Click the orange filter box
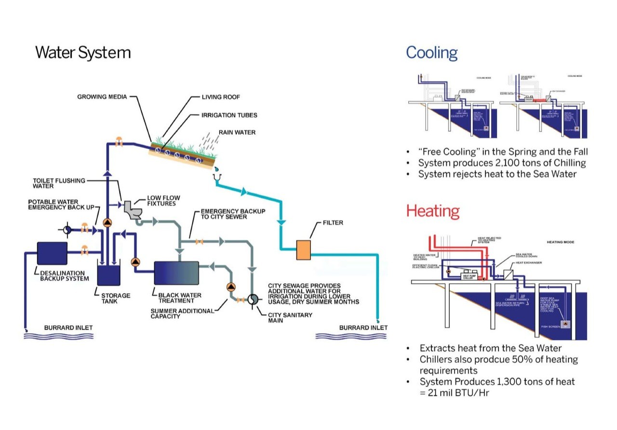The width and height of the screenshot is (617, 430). tap(303, 250)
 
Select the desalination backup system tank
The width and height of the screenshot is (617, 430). tap(52, 253)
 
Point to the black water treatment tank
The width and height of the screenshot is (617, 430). tap(176, 273)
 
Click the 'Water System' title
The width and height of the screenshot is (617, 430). tap(83, 52)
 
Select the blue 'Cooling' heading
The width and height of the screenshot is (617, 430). tap(431, 52)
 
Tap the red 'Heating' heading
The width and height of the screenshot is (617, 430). tap(432, 211)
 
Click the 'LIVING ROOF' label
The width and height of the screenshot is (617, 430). tap(221, 97)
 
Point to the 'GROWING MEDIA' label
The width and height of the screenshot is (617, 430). tap(102, 97)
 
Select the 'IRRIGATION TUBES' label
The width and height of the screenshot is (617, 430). tap(229, 115)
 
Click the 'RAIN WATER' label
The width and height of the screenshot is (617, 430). tap(237, 132)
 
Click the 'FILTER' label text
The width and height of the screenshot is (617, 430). tap(333, 223)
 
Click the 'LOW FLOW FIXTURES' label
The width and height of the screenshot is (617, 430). tap(161, 201)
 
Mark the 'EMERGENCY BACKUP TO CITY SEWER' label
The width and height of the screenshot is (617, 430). tap(233, 214)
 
